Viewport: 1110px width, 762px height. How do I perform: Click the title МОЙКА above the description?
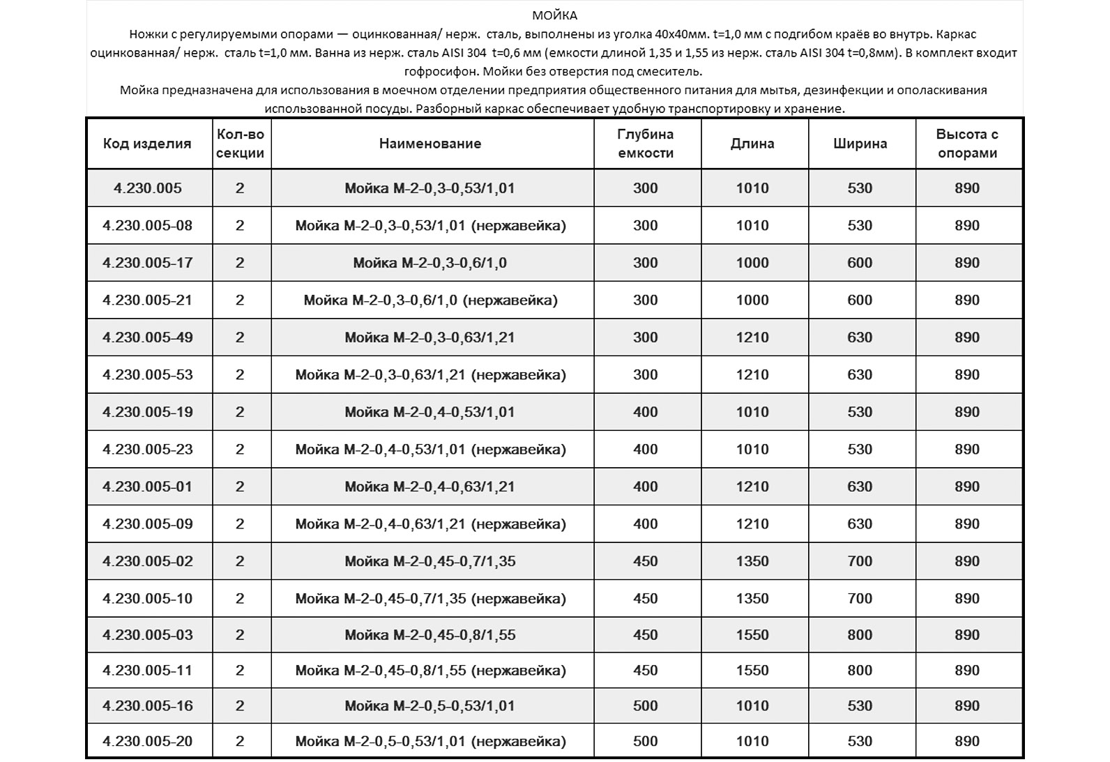pos(554,15)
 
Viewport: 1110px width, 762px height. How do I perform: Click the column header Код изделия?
pos(147,144)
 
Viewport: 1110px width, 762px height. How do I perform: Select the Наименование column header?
pos(430,144)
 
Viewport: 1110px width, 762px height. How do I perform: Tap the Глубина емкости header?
pos(646,144)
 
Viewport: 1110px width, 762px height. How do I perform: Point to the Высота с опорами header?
pos(967,144)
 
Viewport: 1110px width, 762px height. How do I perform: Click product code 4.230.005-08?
pos(147,225)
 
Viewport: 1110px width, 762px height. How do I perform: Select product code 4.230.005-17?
pos(147,263)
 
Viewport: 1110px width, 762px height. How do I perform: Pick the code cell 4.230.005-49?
pos(147,337)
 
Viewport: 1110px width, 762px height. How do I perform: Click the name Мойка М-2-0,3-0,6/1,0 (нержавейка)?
pos(430,300)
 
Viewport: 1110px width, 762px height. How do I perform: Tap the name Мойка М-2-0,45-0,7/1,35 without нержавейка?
pos(430,561)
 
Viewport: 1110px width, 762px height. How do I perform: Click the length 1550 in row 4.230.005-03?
pos(752,635)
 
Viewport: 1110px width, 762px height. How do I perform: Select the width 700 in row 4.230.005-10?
pos(860,598)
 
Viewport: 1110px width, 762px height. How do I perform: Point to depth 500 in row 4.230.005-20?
pos(646,741)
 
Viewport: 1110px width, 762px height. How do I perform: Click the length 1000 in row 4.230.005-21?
pos(752,300)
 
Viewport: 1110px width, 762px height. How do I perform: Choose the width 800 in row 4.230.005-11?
pos(860,671)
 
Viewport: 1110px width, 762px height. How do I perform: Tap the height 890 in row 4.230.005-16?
pos(967,706)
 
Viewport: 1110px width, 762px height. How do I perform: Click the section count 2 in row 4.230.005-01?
pos(240,487)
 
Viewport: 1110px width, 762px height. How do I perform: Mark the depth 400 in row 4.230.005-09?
pos(646,524)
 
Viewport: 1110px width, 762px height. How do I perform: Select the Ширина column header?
pos(860,144)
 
